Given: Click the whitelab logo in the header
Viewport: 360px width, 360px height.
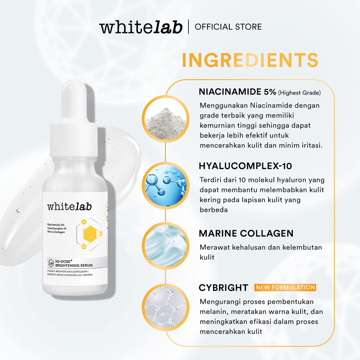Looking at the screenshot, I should [141, 27].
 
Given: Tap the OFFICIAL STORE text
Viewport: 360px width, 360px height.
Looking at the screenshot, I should [228, 27].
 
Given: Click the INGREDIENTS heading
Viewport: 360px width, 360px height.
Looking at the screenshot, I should [250, 60].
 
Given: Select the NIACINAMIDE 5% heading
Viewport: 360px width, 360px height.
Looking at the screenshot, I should [237, 92].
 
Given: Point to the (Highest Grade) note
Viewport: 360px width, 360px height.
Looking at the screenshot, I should [300, 93].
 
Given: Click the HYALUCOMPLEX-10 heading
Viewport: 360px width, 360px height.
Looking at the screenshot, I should [245, 166].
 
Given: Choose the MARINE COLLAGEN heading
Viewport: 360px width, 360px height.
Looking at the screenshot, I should [246, 233].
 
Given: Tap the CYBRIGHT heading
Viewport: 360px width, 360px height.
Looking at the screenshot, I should [224, 288].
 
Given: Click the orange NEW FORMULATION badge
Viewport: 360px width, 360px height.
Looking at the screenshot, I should [285, 288].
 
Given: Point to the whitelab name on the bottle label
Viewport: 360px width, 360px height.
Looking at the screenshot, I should [69, 207].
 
